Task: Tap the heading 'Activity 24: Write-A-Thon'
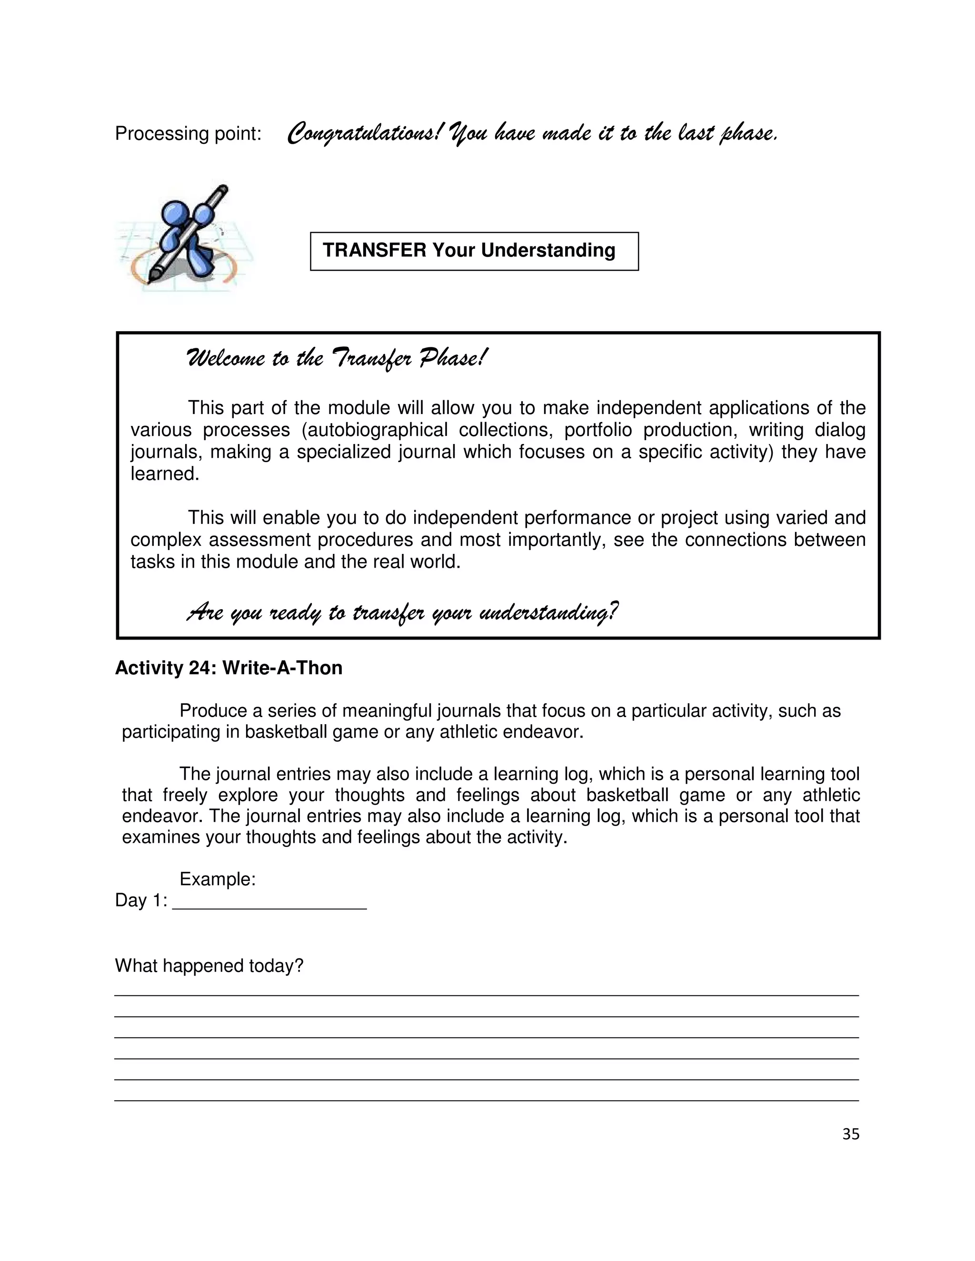(229, 668)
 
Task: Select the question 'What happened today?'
(209, 965)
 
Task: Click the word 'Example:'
(217, 879)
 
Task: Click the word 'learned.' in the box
(165, 474)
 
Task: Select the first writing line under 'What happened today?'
(487, 994)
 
